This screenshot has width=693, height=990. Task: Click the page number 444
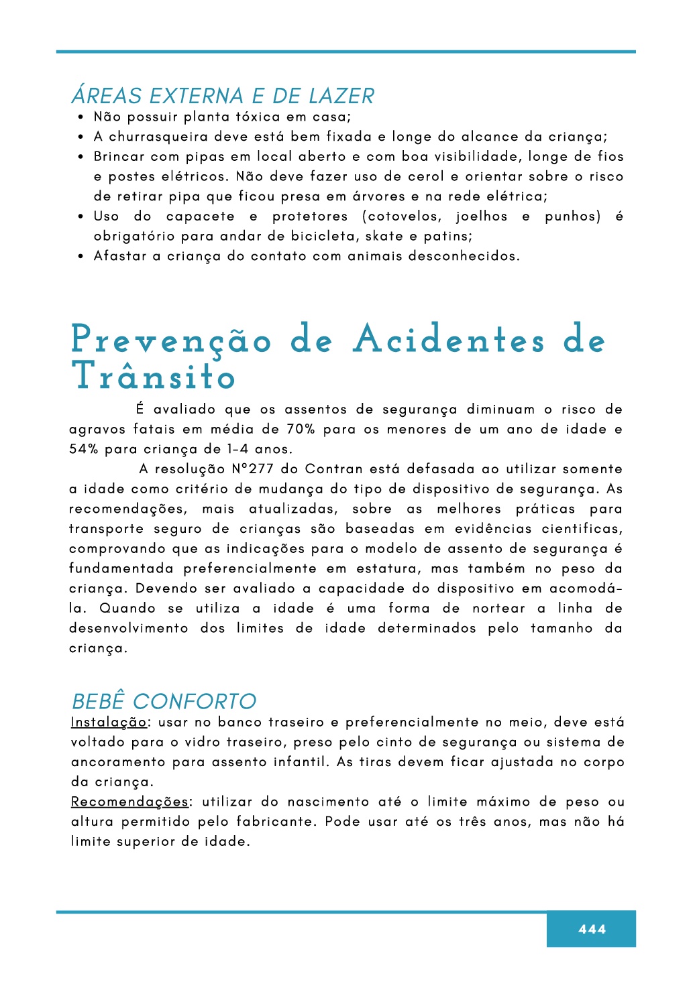click(592, 929)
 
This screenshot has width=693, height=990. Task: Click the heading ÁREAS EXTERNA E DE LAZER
click(223, 96)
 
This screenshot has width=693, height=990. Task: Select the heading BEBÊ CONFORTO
click(164, 701)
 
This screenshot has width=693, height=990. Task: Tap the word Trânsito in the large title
click(154, 376)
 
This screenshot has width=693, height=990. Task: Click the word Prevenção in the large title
click(171, 340)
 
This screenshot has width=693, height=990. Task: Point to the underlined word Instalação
click(109, 722)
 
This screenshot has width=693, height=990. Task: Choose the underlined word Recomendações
click(130, 802)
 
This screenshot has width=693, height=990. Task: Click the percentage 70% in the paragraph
click(301, 429)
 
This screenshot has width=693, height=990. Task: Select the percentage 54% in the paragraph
click(84, 449)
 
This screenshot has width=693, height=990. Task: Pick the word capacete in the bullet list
click(201, 216)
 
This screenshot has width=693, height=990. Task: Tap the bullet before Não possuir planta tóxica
click(81, 117)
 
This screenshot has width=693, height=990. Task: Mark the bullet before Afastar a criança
click(81, 256)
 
